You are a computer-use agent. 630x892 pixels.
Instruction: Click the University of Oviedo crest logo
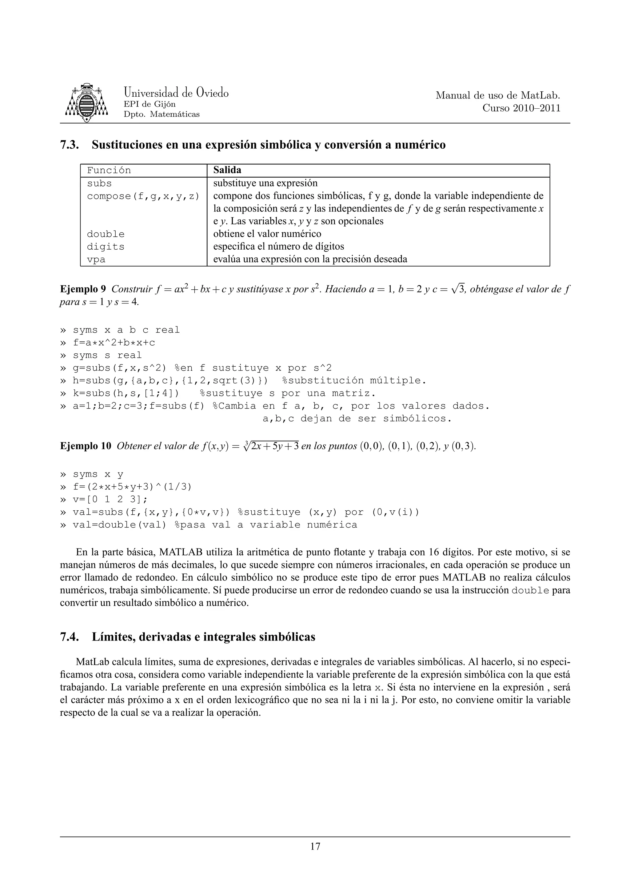(86, 102)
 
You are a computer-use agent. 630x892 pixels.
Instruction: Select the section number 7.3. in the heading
(70, 145)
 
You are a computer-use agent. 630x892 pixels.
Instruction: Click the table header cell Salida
(227, 170)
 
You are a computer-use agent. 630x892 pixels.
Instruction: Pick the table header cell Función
(109, 171)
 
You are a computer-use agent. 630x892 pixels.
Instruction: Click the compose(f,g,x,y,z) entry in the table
(143, 196)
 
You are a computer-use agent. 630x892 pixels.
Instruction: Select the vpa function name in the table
(96, 259)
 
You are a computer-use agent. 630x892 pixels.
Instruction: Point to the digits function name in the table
(106, 247)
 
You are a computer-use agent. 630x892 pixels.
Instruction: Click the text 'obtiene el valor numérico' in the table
(267, 234)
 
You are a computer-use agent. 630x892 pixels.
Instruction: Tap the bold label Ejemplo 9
(83, 289)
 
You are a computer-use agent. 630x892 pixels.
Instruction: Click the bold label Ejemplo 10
(86, 446)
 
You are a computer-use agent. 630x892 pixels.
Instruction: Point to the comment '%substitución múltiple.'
(354, 380)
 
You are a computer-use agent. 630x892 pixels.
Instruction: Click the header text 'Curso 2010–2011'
(521, 108)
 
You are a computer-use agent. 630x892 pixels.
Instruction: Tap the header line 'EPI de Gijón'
(149, 104)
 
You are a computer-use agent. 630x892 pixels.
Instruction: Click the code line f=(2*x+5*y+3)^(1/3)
(132, 487)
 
